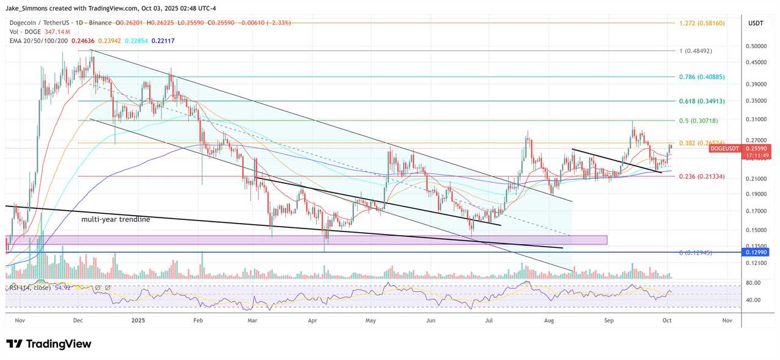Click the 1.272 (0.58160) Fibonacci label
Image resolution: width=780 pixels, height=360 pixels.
click(701, 23)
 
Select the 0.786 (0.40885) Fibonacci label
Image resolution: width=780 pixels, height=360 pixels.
click(701, 77)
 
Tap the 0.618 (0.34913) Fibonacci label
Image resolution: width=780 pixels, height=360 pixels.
click(701, 101)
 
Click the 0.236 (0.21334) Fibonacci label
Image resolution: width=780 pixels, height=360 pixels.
click(701, 177)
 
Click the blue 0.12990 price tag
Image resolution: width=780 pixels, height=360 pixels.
click(757, 252)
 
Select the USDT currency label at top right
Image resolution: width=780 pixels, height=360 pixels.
click(756, 23)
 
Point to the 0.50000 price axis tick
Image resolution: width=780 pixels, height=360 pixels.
click(756, 46)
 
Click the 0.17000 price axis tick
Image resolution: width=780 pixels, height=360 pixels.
click(756, 211)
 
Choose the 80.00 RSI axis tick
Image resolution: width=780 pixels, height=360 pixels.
click(753, 283)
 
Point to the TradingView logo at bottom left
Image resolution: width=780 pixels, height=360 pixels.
click(49, 344)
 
